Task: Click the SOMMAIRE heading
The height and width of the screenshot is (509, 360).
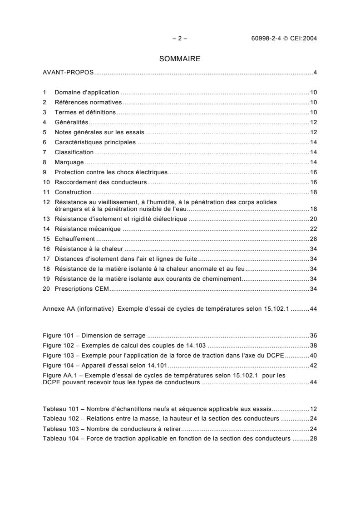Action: [x=180, y=59]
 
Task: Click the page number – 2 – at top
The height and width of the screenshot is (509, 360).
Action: [x=180, y=39]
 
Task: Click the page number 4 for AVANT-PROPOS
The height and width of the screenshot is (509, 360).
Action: [x=315, y=73]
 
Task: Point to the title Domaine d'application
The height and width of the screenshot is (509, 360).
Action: [x=87, y=93]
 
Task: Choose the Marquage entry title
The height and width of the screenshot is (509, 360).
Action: [x=69, y=162]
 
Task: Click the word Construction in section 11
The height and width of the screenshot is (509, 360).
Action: [x=73, y=192]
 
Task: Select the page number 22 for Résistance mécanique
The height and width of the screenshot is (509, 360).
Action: [x=313, y=229]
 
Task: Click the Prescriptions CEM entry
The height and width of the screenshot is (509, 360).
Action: [x=83, y=289]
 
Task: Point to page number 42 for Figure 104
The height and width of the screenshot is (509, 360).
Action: [x=313, y=366]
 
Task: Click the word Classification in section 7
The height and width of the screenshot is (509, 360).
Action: [x=74, y=152]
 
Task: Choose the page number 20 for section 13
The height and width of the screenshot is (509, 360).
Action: [x=313, y=219]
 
